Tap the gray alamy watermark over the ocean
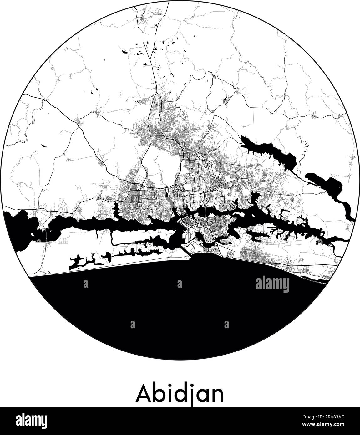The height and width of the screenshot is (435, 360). coord(272,284)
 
